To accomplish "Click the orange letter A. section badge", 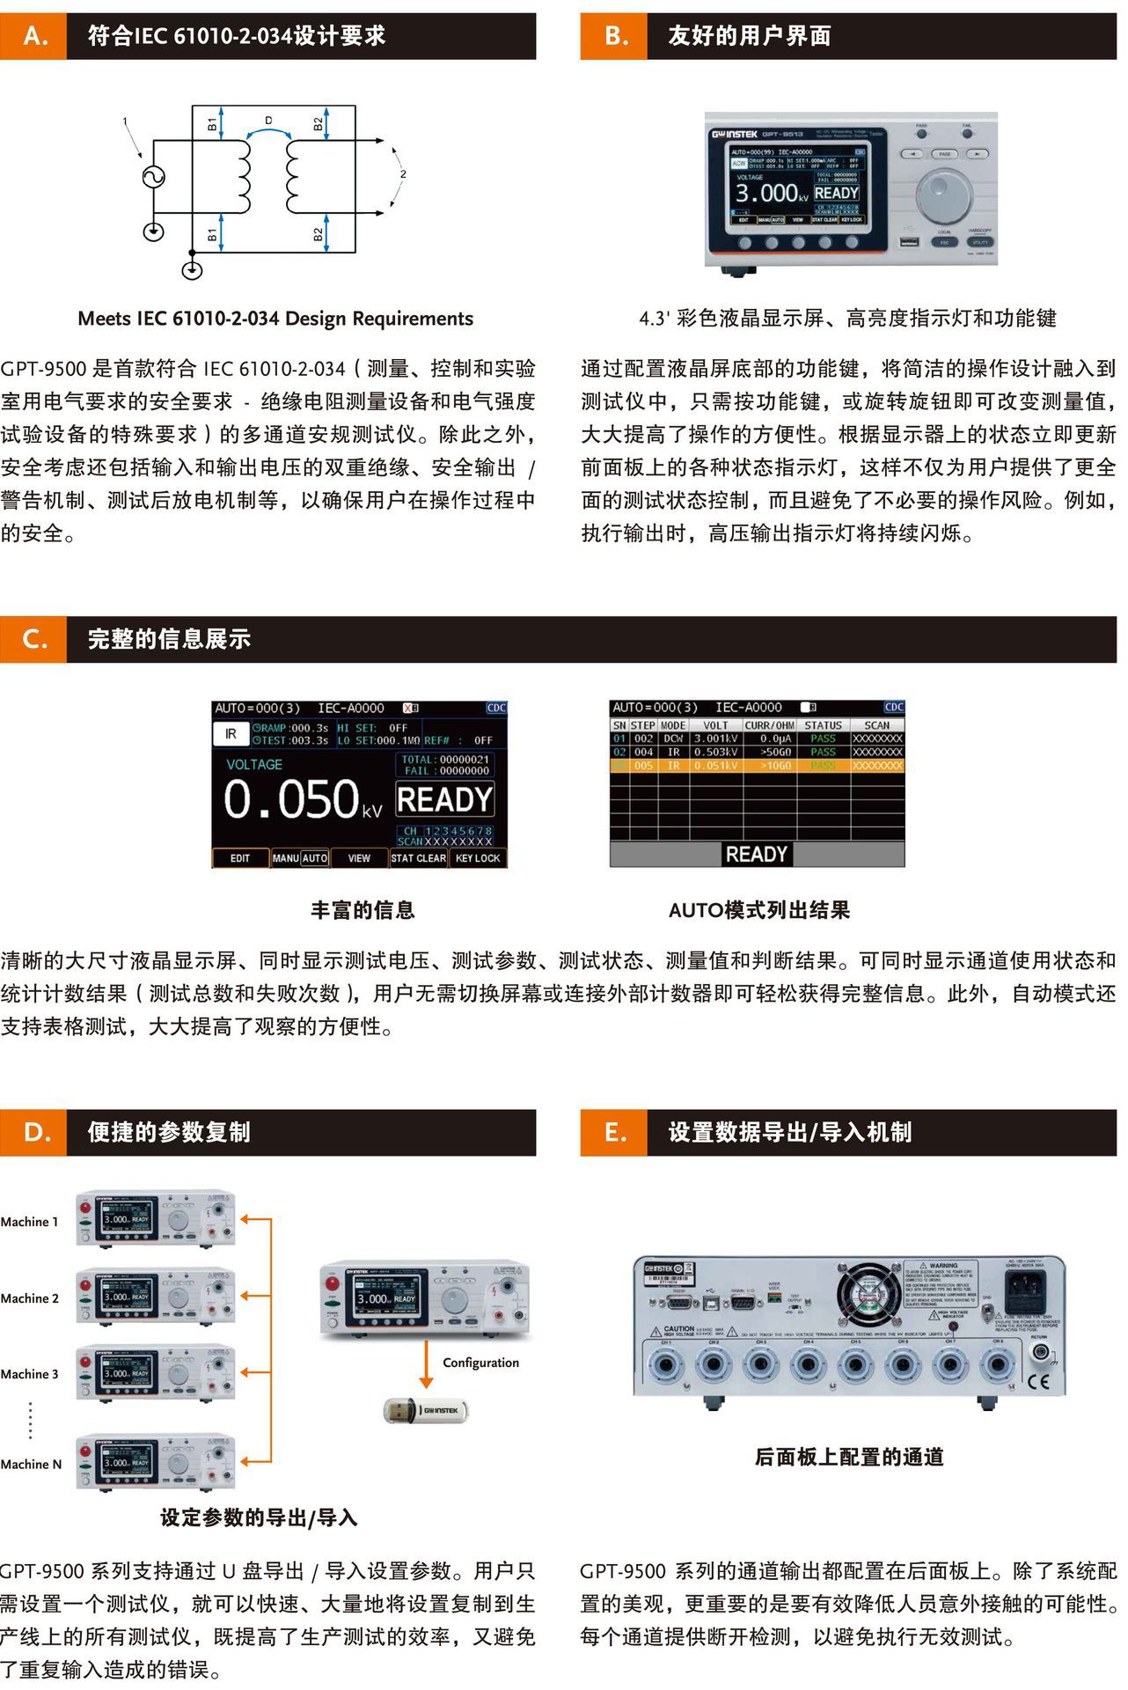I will [x=33, y=36].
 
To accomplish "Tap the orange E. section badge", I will [x=613, y=1132].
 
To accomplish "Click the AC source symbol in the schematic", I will [x=154, y=177].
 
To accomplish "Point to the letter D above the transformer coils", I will [x=268, y=121].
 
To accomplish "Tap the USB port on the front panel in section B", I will [x=909, y=241].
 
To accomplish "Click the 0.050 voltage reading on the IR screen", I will [x=290, y=799].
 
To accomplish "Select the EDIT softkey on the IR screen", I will [x=240, y=858].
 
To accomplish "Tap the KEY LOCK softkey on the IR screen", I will [x=478, y=858].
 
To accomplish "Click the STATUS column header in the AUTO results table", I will [x=823, y=725].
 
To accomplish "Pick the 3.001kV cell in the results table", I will [x=716, y=738].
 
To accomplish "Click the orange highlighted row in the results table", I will [x=757, y=766].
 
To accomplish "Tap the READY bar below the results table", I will [x=756, y=854].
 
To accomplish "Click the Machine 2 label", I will [x=30, y=1298].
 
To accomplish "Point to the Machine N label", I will [x=31, y=1465].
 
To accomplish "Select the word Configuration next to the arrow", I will [x=480, y=1363].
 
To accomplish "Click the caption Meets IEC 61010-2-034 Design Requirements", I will [x=275, y=319].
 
